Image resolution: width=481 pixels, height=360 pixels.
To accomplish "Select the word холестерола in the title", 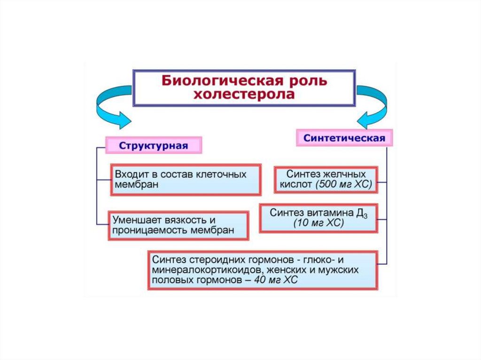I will click(x=245, y=94).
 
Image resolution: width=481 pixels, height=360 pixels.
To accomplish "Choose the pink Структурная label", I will click(x=154, y=145).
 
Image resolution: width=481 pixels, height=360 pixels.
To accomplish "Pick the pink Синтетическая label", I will click(x=344, y=138).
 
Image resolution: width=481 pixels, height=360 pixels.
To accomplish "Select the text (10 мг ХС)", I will click(x=319, y=224).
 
